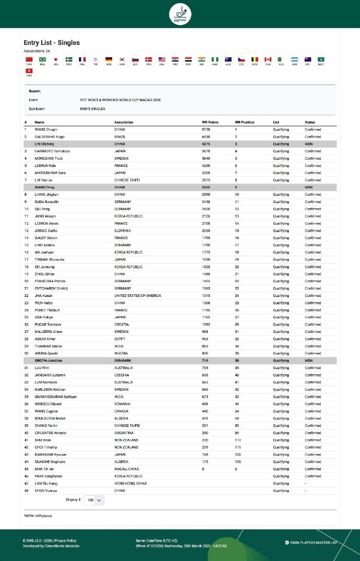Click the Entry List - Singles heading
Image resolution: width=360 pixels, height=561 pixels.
[52, 43]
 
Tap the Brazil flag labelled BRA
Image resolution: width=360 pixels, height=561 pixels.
[43, 59]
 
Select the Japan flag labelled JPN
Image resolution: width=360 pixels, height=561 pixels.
[56, 59]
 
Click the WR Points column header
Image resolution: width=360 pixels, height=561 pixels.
[210, 122]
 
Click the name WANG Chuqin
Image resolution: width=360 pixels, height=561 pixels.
[46, 129]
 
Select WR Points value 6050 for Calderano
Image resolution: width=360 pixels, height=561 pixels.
[207, 136]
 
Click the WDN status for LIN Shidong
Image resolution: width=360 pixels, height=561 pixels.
[308, 144]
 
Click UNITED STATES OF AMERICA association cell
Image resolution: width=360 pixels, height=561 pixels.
[138, 295]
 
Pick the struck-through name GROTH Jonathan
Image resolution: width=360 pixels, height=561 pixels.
[49, 361]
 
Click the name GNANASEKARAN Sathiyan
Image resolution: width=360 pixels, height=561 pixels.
[56, 397]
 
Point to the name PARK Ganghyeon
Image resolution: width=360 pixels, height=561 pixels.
[49, 476]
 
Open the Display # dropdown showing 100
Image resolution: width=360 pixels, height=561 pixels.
[94, 500]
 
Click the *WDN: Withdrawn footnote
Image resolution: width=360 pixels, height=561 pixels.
[38, 516]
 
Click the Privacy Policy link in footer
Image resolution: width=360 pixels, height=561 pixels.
[65, 541]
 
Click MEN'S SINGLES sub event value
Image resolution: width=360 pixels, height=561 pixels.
[92, 109]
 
